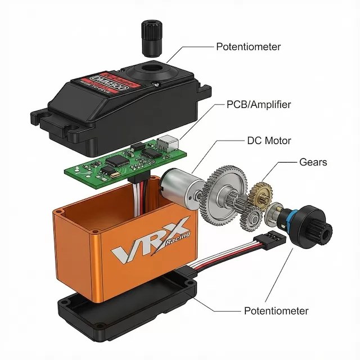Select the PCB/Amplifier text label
pyautogui.click(x=259, y=104)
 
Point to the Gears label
pyautogui.click(x=313, y=163)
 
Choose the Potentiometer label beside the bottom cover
pyautogui.click(x=276, y=310)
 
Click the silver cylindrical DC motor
pyautogui.click(x=179, y=186)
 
